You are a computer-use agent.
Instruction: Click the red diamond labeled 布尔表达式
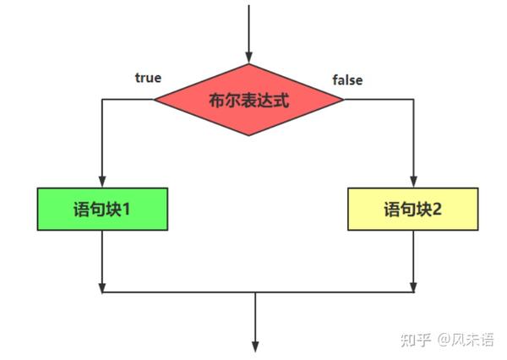(x=248, y=100)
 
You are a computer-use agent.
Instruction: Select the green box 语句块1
(x=101, y=208)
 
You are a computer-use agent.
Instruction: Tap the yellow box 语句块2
(x=413, y=208)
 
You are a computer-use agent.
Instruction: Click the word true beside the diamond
(x=148, y=78)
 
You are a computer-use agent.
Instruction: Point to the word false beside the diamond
(x=347, y=80)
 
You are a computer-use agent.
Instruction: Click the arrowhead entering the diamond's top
(x=248, y=57)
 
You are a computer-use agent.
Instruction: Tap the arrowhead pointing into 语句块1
(x=101, y=181)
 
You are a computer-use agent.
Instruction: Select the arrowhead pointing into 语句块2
(x=413, y=181)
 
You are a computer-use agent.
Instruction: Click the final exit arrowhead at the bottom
(x=255, y=343)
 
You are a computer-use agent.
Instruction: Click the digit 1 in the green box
(x=126, y=208)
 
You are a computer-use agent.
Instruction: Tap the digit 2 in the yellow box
(x=437, y=208)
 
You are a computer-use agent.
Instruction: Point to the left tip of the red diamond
(x=155, y=100)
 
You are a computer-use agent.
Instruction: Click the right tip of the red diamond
(x=343, y=100)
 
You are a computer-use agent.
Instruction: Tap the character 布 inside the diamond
(x=217, y=101)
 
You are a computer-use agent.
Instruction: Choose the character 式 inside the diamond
(x=281, y=101)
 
